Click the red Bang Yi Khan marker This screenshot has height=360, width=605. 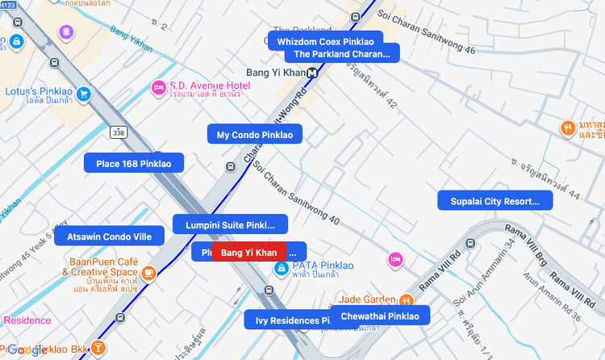tap(248, 253)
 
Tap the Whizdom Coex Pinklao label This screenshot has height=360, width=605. tap(325, 41)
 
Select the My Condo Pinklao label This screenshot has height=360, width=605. tap(255, 135)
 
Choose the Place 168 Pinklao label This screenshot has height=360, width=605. tap(134, 164)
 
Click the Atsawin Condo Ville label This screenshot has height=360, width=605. tap(109, 237)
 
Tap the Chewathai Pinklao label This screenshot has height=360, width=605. tap(380, 316)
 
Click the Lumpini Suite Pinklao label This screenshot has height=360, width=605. tap(231, 225)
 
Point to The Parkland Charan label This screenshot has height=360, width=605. tap(341, 54)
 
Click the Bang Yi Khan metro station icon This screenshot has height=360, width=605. tap(312, 73)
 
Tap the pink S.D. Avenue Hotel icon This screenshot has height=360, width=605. tap(159, 87)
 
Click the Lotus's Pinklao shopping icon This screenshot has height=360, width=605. tap(83, 93)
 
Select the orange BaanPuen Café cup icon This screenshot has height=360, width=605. tap(148, 274)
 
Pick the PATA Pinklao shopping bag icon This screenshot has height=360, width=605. tap(281, 268)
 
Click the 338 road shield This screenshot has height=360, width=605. tap(119, 132)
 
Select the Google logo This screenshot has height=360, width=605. tap(27, 350)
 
